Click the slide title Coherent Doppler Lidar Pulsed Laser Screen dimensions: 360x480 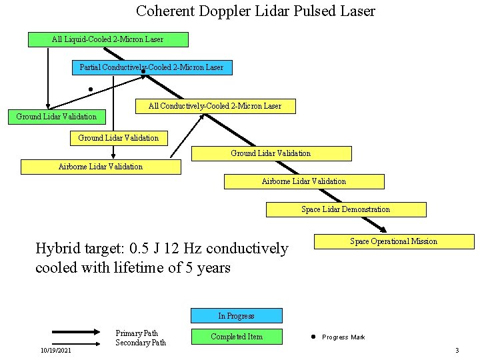click(255, 11)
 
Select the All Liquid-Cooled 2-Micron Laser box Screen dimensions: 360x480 click(108, 39)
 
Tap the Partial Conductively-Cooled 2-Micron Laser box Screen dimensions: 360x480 click(152, 67)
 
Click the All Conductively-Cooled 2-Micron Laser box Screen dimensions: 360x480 click(215, 106)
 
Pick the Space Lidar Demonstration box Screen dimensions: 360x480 click(346, 209)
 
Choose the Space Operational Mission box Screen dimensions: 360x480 click(394, 241)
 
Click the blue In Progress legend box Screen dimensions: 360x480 click(237, 316)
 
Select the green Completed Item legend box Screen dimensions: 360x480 click(237, 337)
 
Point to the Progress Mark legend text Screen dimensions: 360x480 click(343, 337)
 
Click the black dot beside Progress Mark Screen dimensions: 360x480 click(312, 337)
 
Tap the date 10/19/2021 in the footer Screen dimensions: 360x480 click(56, 351)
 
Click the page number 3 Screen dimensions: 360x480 click(457, 351)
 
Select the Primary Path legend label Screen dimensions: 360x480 click(137, 333)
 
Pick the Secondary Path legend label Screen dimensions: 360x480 click(141, 343)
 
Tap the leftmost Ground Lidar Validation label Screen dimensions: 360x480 click(56, 117)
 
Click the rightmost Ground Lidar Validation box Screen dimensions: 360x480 click(271, 153)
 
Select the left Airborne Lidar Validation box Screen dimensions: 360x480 click(101, 167)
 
